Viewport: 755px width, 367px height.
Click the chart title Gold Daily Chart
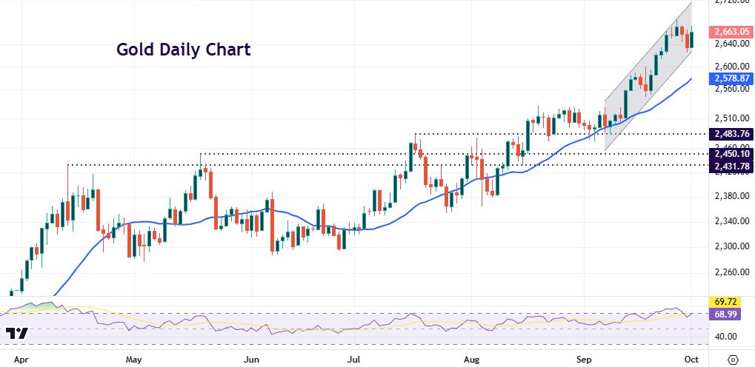183,50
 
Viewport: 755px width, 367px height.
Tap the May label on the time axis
134,360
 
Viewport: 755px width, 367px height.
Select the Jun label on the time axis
252,360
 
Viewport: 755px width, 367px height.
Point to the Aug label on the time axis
473,360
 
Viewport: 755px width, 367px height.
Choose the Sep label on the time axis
585,360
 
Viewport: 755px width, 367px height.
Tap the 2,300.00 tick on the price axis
729,246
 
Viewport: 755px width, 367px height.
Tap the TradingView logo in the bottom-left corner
16,334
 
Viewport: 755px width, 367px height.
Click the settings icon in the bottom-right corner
733,360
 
